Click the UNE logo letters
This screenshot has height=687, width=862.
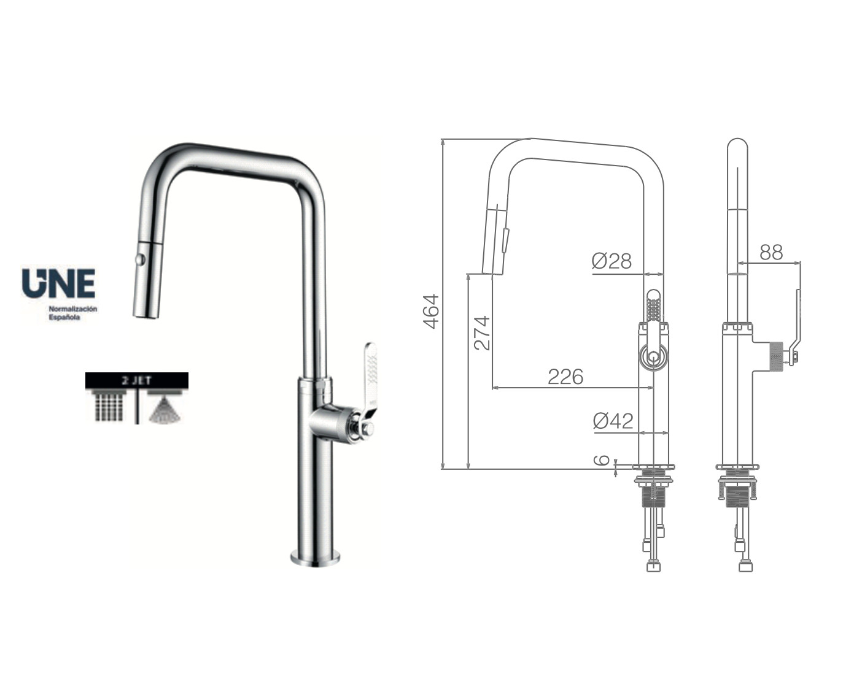58,282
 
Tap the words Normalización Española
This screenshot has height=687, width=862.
73,313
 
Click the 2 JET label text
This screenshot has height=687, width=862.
136,380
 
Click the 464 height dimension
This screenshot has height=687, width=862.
432,311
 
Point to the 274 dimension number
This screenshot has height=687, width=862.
483,332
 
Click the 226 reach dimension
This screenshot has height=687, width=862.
565,376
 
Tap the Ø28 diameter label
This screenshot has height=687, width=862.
612,261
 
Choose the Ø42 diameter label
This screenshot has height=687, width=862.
613,421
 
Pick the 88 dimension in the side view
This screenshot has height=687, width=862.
771,251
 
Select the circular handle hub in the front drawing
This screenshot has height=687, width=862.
653,356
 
